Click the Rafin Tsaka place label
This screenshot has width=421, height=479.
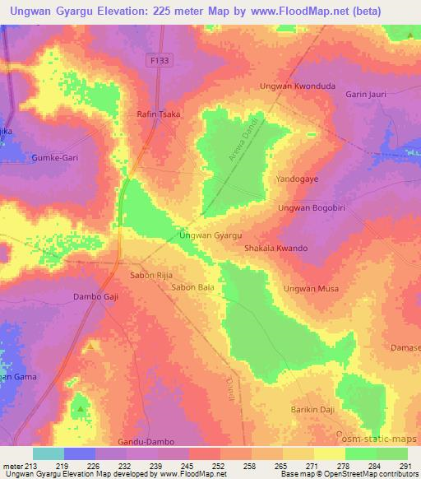[159, 114]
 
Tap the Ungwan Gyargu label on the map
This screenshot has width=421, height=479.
[210, 235]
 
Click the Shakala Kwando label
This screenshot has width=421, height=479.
[276, 248]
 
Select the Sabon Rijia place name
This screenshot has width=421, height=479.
[150, 274]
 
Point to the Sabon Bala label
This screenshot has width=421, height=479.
[193, 287]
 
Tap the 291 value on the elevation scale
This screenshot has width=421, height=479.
[405, 467]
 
